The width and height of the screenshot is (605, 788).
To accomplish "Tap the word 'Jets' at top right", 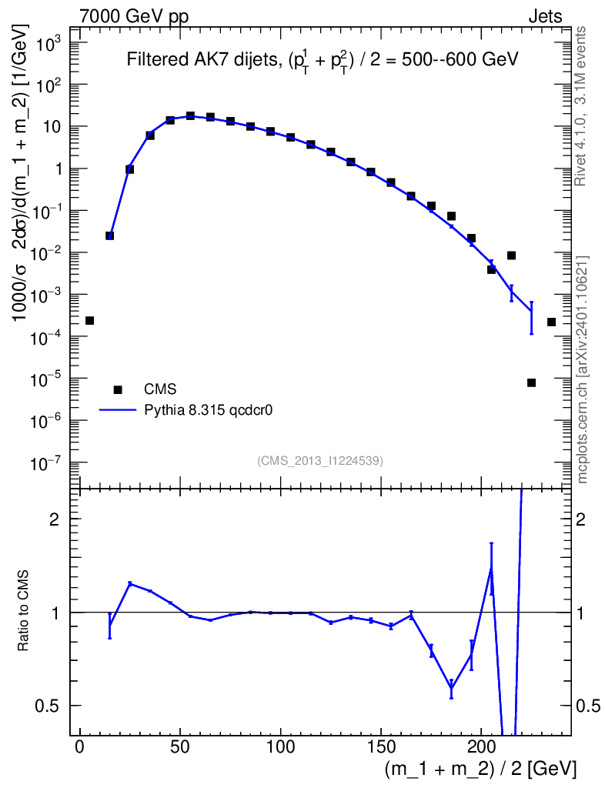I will tap(544, 16).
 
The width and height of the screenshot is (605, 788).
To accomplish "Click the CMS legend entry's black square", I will tap(119, 390).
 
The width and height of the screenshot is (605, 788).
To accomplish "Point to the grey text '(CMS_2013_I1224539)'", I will tap(320, 460).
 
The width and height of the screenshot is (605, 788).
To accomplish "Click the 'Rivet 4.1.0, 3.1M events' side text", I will tap(582, 105).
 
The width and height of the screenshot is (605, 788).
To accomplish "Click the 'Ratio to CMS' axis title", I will tap(24, 611).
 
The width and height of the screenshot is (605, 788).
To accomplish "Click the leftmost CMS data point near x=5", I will tap(89, 320).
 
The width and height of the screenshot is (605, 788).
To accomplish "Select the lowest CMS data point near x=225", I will tap(531, 382).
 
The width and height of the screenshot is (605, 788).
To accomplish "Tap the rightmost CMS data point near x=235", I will tap(551, 322).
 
